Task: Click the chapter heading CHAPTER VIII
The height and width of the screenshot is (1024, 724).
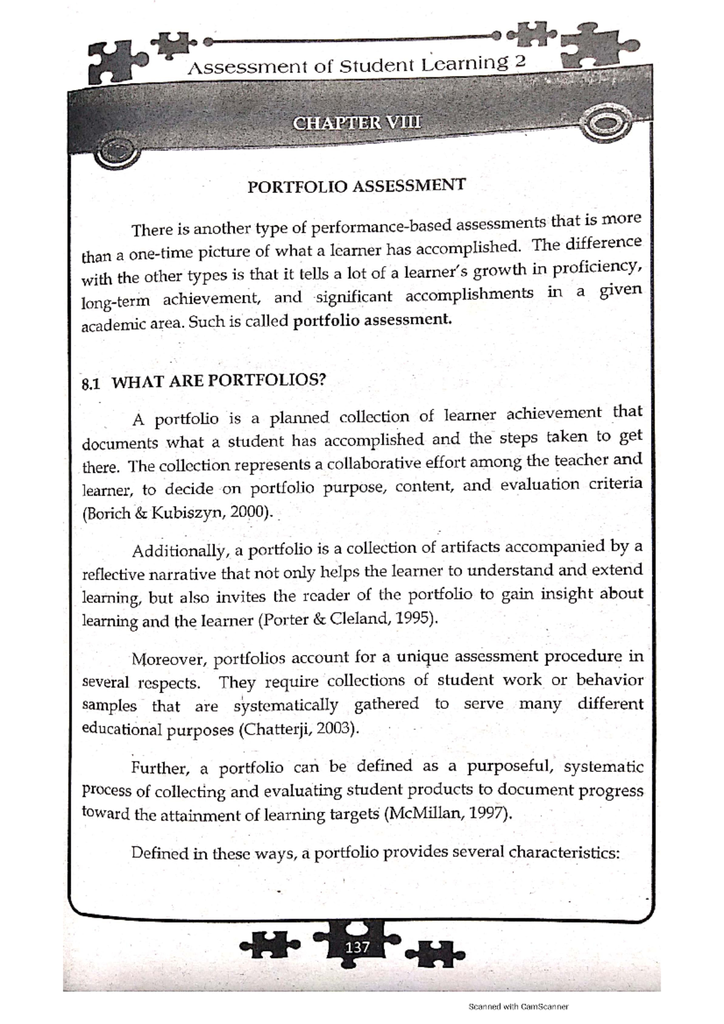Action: click(x=357, y=123)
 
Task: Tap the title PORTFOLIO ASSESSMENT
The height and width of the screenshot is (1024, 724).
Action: click(x=357, y=186)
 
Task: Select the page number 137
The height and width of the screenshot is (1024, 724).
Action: click(x=357, y=947)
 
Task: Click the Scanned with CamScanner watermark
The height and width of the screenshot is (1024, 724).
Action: click(x=519, y=1006)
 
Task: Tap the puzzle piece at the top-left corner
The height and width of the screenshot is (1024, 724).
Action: click(x=113, y=62)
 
